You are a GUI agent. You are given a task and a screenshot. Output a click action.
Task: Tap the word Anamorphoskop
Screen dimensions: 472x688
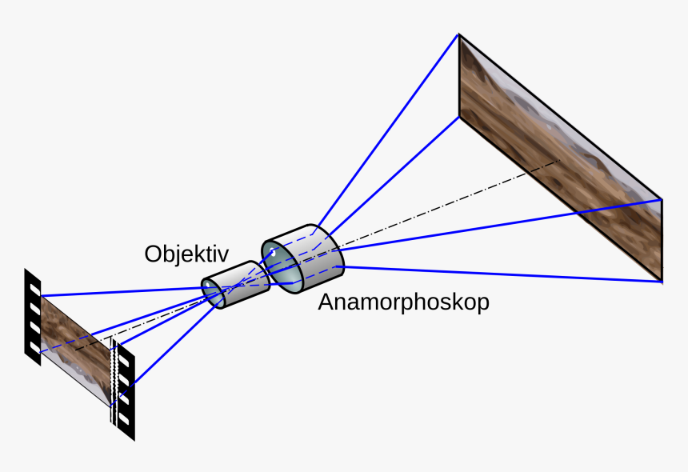click(403, 303)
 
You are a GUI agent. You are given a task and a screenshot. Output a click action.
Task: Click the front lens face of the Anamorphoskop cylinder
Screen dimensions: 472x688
click(281, 263)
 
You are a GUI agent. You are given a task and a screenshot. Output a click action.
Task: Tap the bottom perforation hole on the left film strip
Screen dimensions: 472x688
click(34, 347)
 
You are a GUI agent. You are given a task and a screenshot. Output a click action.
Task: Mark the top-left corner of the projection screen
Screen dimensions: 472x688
click(458, 34)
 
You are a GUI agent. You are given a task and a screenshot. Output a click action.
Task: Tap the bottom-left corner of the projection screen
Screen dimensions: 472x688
click(458, 117)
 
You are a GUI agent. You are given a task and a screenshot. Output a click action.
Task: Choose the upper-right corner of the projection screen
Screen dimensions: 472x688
click(662, 199)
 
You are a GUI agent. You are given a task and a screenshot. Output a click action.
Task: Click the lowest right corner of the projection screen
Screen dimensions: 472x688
click(662, 282)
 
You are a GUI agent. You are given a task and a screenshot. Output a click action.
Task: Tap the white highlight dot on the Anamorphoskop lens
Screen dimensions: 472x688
click(273, 254)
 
